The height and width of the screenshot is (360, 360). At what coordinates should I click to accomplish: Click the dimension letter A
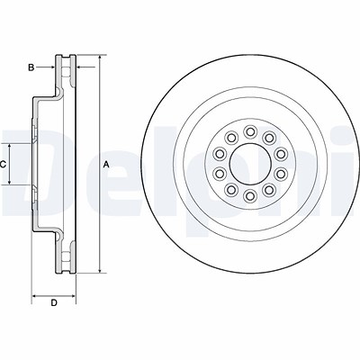[105, 164]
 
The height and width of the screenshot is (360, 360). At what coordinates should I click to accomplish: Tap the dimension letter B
[31, 67]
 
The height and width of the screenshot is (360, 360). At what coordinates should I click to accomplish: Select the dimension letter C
[3, 164]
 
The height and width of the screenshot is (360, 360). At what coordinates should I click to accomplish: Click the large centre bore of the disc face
[250, 164]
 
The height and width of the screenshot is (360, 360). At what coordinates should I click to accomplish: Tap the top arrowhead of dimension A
[100, 58]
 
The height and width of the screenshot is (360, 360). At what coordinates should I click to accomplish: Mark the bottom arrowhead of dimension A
[100, 270]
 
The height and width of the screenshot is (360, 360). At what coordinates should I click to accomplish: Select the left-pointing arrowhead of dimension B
[80, 67]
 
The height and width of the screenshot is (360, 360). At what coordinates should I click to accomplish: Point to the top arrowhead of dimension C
[10, 147]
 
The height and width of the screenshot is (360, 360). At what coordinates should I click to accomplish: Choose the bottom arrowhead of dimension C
[10, 181]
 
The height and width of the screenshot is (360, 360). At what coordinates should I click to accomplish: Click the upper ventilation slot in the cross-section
[66, 72]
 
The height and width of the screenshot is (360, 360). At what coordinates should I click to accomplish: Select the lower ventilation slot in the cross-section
[66, 256]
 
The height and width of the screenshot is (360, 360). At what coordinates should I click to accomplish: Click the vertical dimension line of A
[100, 164]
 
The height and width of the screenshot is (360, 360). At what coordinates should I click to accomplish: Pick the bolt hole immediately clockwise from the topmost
[269, 138]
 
